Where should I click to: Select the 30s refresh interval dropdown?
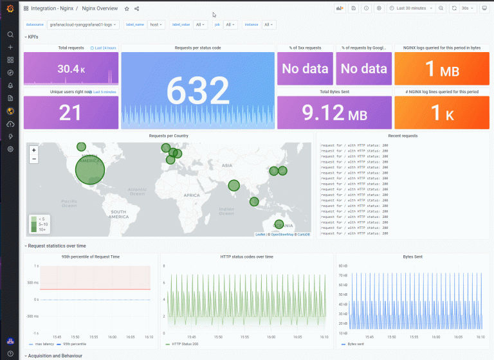tap(464, 8)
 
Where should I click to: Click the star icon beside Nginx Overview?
tap(127, 8)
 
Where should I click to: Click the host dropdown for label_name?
tap(156, 24)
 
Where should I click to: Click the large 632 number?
tap(198, 89)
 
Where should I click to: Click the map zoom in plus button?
tap(34, 150)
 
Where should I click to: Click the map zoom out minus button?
tap(34, 158)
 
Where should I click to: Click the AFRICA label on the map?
tap(191, 195)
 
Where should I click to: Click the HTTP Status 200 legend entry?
tap(185, 344)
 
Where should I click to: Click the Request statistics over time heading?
tap(57, 246)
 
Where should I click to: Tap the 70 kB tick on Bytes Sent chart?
tap(342, 276)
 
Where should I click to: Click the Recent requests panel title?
tap(403, 136)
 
